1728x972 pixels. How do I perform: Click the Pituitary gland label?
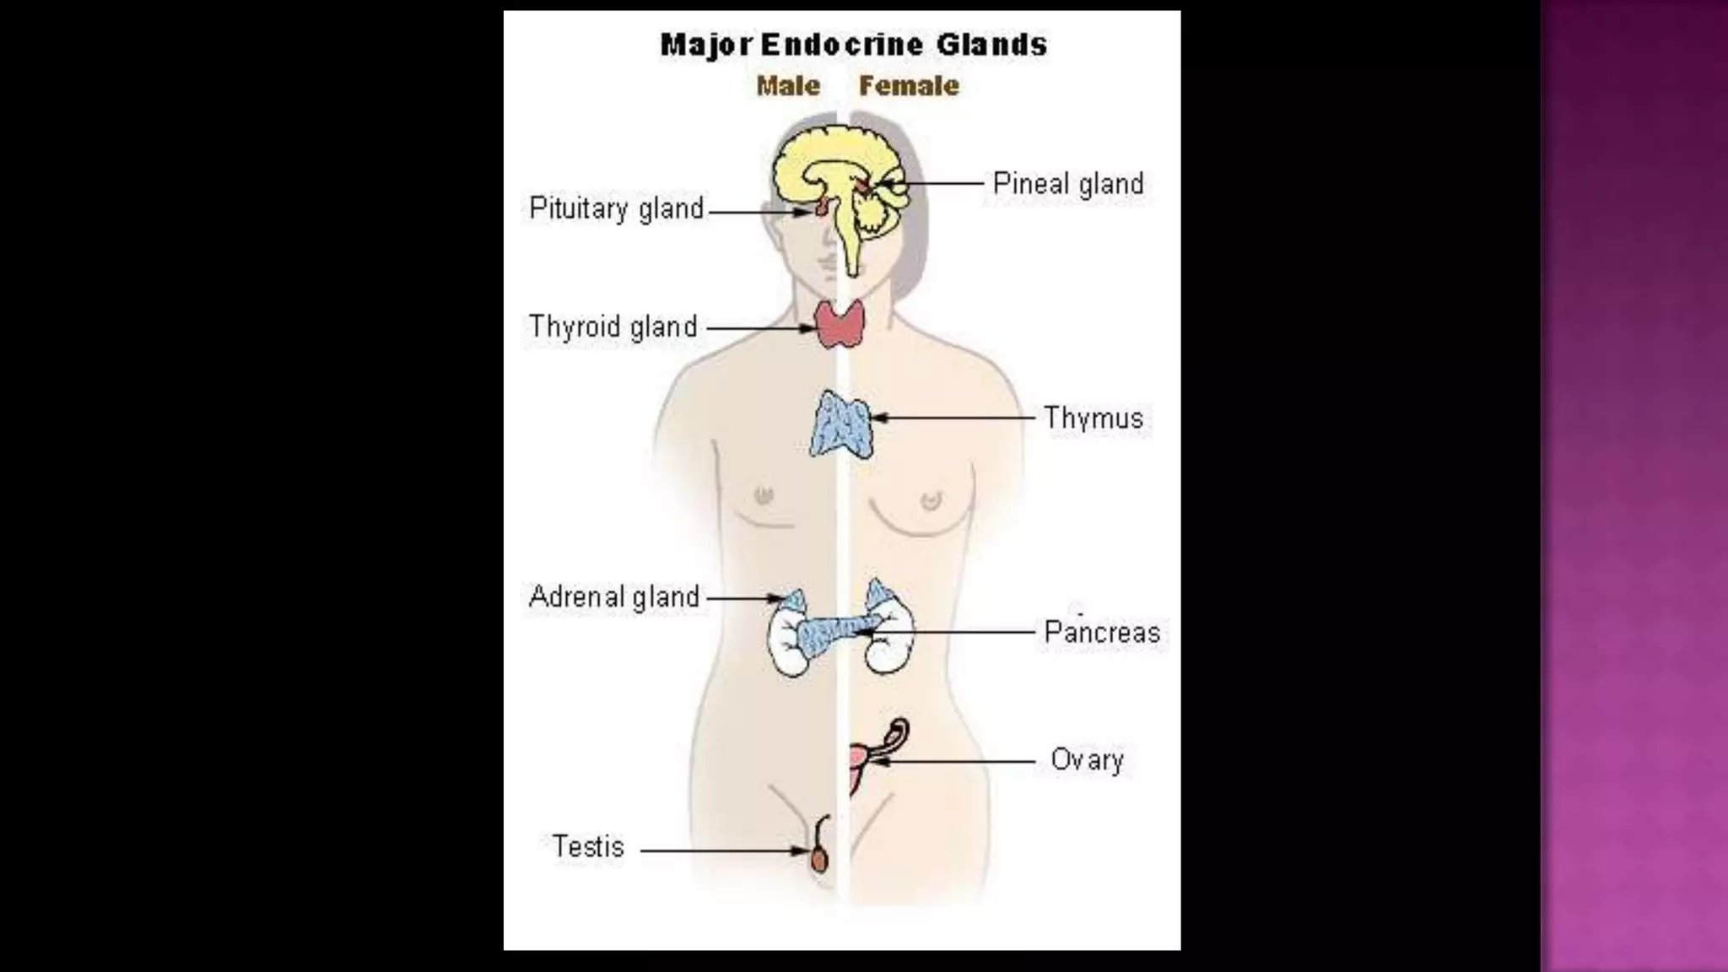click(616, 208)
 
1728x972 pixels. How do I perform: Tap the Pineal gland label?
click(1067, 184)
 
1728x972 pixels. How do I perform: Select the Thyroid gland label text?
click(613, 327)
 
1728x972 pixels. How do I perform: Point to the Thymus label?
click(1093, 418)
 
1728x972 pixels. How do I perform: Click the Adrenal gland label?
click(613, 597)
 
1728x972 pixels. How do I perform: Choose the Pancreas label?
click(1101, 632)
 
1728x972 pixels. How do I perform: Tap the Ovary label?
click(1087, 760)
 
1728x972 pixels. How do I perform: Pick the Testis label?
click(588, 846)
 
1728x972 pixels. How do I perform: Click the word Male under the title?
click(788, 85)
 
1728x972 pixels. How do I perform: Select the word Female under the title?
click(909, 85)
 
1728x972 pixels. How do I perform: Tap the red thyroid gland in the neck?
click(840, 324)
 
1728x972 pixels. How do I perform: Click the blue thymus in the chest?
click(840, 424)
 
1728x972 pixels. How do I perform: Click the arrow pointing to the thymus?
click(953, 418)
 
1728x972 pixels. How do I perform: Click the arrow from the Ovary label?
click(958, 761)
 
